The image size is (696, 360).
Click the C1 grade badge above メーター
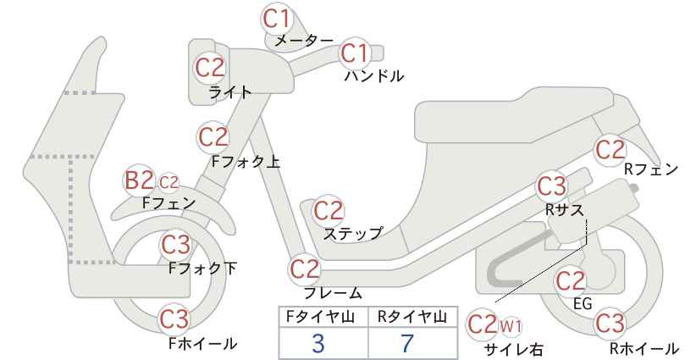point(276,19)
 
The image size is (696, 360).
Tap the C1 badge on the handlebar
point(355,53)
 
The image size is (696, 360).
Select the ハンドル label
point(374,76)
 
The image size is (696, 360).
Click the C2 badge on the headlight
point(210,68)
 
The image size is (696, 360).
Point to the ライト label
point(230,92)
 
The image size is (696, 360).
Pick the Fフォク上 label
point(246,162)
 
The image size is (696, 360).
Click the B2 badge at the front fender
point(139,180)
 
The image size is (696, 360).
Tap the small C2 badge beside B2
point(168,182)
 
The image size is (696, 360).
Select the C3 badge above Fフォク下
point(175,244)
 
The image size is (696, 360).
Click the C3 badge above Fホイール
point(174,318)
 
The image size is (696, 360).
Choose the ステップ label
point(352,233)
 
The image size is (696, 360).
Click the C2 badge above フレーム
point(305,269)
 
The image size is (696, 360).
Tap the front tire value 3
point(318,343)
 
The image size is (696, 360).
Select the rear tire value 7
point(407,343)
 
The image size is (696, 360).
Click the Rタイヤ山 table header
point(412,317)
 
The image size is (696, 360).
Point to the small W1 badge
point(511,327)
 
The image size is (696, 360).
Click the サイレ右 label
point(514,350)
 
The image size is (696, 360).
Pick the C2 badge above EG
point(571,281)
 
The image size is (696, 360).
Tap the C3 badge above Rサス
point(552,186)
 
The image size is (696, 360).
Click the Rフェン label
point(651,169)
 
